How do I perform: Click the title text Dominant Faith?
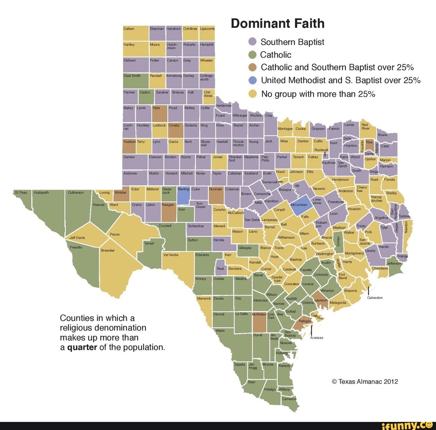(x=277, y=23)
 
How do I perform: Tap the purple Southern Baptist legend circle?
(x=253, y=42)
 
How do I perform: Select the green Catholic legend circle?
(x=253, y=55)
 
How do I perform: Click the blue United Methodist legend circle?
(x=253, y=80)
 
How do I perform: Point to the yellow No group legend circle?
(x=253, y=94)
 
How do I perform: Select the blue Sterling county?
(x=183, y=196)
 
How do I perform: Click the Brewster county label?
(x=108, y=250)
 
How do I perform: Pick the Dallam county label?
(x=129, y=29)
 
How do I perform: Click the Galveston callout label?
(x=375, y=297)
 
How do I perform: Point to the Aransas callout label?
(x=316, y=337)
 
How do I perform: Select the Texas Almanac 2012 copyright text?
(x=365, y=382)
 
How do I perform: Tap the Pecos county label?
(x=115, y=234)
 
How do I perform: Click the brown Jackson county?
(x=321, y=301)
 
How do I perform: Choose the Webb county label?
(x=220, y=331)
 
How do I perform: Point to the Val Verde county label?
(x=170, y=255)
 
